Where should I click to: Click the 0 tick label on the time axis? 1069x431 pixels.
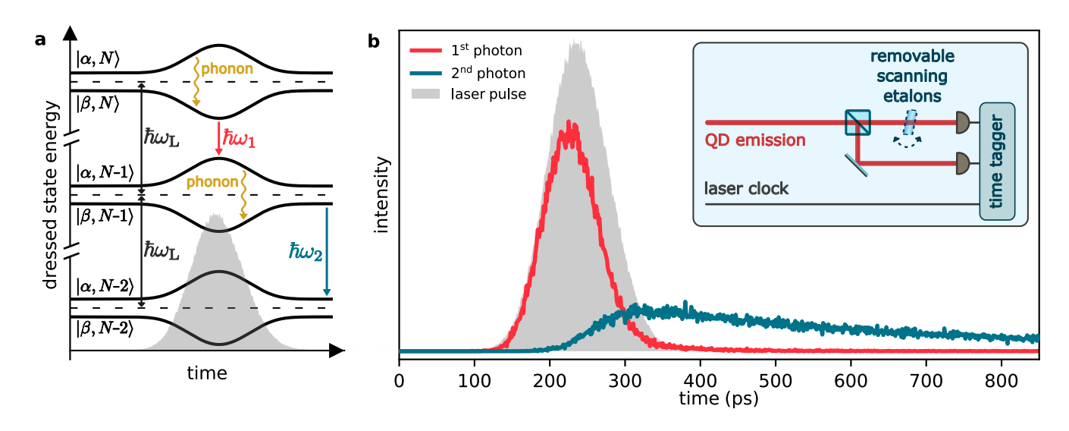399,377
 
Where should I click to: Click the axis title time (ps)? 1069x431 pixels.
719,395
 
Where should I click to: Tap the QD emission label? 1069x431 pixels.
755,140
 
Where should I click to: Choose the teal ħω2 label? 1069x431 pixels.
306,251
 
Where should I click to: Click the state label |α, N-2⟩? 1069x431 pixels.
105,285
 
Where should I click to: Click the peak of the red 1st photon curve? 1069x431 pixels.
567,124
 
